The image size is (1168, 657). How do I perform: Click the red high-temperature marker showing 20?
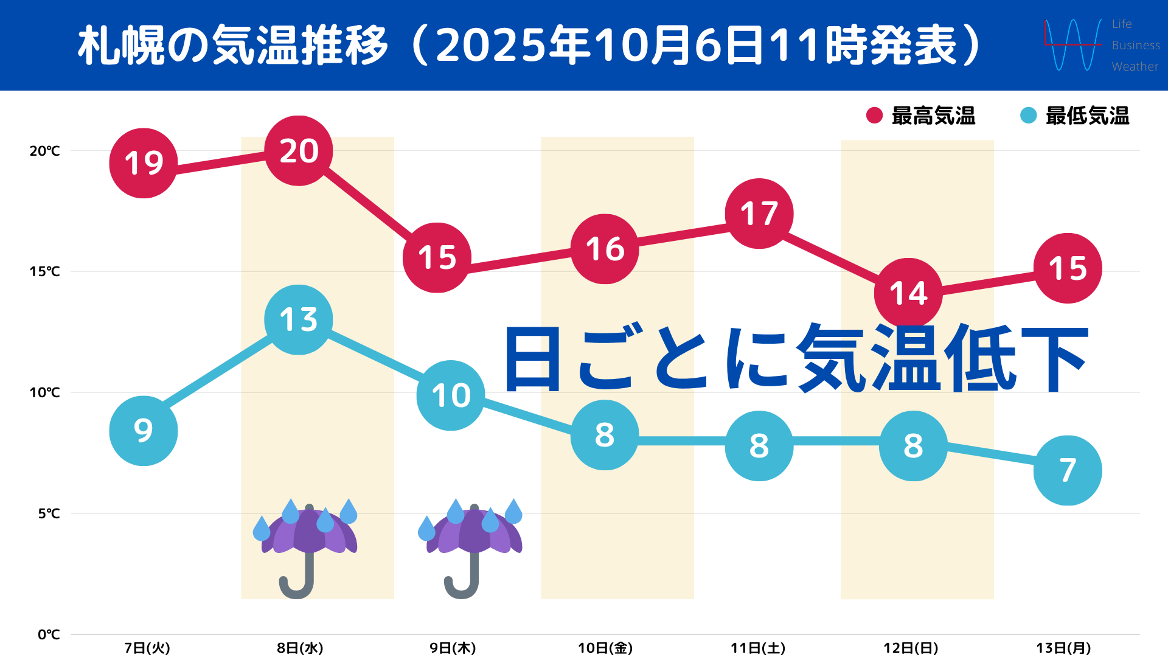tap(299, 151)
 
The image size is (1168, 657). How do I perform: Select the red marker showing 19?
tap(144, 163)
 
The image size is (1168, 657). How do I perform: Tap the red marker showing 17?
tap(759, 214)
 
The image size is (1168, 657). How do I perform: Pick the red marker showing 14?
tap(908, 293)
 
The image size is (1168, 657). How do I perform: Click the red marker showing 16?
tap(605, 249)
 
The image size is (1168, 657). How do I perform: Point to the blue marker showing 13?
tap(299, 320)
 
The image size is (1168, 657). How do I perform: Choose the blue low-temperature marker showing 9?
tap(144, 431)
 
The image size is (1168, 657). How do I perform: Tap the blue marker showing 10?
tap(451, 395)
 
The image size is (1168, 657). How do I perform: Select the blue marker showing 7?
tap(1068, 470)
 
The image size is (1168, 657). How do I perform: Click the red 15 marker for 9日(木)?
tap(437, 257)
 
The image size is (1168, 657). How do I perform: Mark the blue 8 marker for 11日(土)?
tap(759, 446)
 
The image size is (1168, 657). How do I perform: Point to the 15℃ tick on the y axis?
tap(46, 271)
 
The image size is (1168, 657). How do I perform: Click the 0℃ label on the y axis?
tap(49, 634)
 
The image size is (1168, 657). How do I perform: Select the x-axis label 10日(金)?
tap(605, 648)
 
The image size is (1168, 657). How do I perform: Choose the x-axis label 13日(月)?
tap(1063, 648)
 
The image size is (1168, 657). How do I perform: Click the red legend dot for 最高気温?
tap(874, 116)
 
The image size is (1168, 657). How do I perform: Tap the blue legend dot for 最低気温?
tap(1028, 116)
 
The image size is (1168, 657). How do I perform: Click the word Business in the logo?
tap(1135, 45)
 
